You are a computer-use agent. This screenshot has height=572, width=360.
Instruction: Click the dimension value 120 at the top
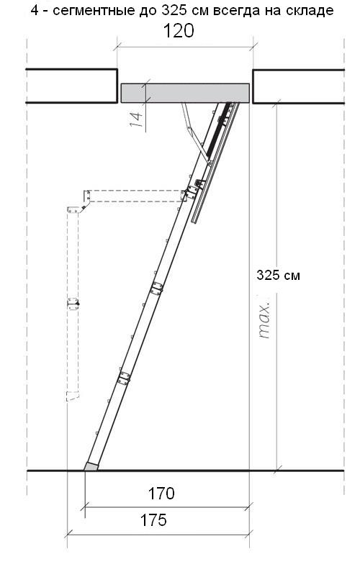(178, 31)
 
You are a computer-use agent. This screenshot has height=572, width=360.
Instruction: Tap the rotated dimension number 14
(137, 119)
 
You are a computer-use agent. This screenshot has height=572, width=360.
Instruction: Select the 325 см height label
(278, 275)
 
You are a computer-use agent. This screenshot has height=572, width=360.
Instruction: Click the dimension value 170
(161, 494)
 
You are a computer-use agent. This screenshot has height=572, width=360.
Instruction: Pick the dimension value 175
(153, 520)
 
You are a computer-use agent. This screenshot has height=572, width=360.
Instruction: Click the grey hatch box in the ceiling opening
(185, 93)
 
